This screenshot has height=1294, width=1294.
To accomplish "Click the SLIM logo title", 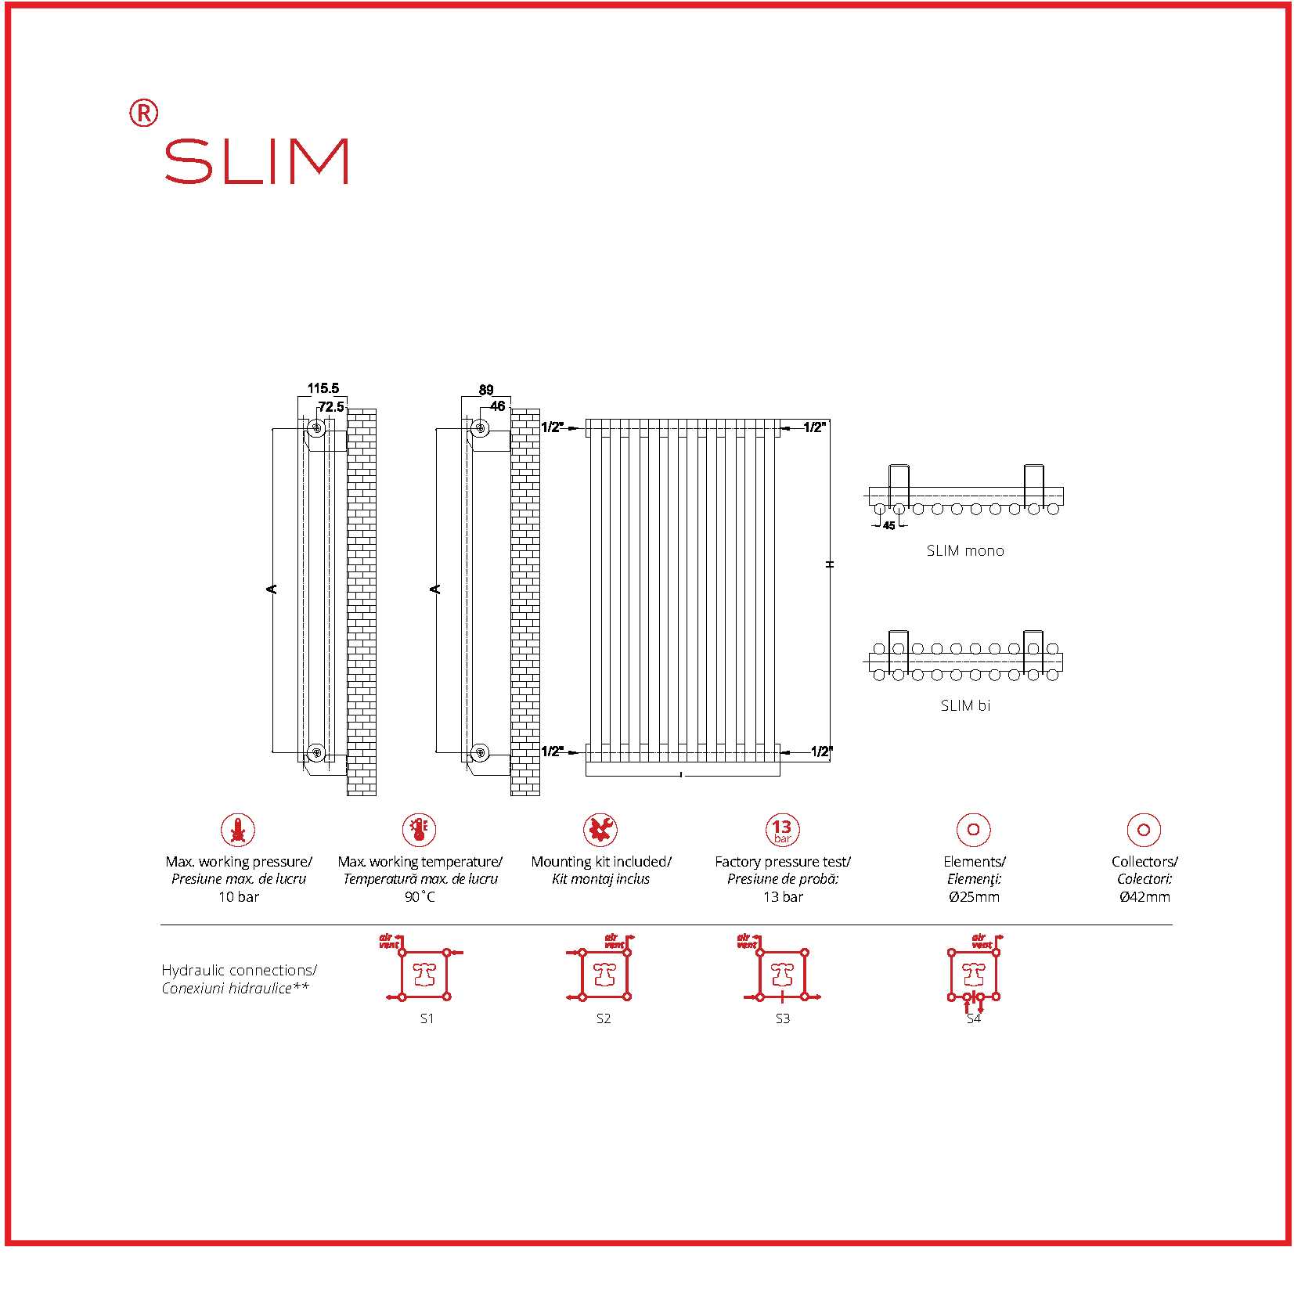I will click(256, 161).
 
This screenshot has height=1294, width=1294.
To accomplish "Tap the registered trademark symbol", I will click(143, 114).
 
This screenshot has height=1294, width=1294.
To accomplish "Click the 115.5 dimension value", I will click(323, 388).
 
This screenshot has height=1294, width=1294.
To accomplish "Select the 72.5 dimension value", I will click(330, 407).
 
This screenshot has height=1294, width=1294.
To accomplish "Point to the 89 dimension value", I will click(486, 390).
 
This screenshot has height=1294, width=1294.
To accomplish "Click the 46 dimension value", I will click(497, 406).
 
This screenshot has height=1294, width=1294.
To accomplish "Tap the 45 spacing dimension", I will click(888, 525).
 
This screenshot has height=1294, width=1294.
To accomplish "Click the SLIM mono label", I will click(964, 551).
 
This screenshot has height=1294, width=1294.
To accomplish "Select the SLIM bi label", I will click(965, 706).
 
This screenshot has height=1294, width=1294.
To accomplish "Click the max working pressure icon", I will click(238, 830).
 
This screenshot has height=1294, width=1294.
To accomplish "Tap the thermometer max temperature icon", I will click(420, 830).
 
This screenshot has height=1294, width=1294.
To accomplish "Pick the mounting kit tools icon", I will click(600, 830).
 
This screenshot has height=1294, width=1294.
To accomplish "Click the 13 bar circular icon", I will click(782, 830).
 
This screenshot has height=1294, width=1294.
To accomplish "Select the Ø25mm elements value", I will click(974, 897).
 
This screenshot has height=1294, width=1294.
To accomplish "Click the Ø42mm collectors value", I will click(1144, 897).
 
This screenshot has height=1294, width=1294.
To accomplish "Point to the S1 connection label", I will click(427, 1018).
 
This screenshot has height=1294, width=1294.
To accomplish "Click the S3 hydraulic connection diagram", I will click(782, 975).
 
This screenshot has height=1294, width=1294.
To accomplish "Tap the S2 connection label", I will click(604, 1018).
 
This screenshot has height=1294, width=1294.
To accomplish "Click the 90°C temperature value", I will click(420, 897).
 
